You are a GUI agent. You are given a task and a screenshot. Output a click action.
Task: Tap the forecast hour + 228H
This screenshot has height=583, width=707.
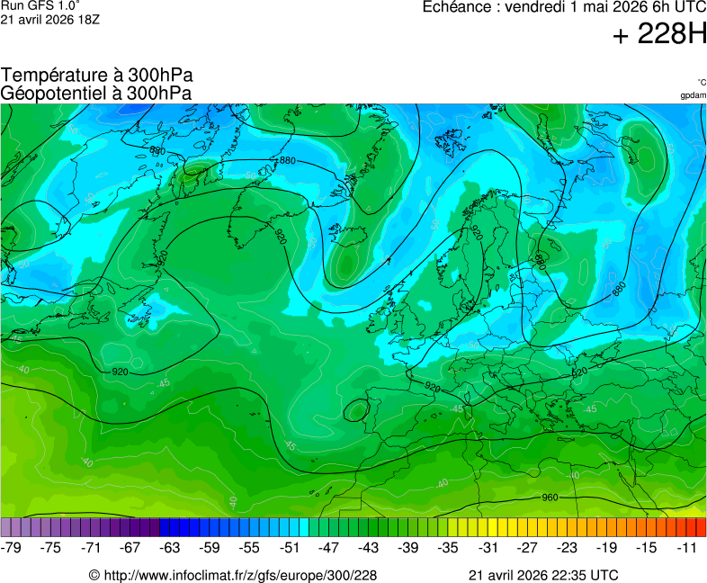(x=659, y=35)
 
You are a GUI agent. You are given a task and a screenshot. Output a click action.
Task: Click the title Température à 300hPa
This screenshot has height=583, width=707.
(x=96, y=76)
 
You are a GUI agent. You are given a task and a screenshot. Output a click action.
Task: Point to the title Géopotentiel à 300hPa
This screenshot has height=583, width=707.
(x=96, y=93)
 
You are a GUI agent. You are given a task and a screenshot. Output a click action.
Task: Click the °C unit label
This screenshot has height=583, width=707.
(x=702, y=83)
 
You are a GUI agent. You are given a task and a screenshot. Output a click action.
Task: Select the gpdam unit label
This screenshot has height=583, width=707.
(x=693, y=95)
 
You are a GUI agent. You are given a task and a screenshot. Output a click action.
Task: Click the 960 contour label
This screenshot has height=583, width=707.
(x=550, y=498)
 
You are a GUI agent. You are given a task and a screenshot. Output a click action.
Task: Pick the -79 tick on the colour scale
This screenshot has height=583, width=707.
(x=12, y=547)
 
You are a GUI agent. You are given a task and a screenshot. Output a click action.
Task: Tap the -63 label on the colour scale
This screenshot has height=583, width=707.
(x=170, y=547)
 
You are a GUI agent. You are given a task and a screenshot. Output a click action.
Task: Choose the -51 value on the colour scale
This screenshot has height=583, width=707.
(x=290, y=547)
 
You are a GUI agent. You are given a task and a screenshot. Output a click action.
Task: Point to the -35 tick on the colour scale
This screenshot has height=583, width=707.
(x=448, y=547)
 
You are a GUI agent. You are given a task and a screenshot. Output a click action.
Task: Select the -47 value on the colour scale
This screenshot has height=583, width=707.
(x=329, y=547)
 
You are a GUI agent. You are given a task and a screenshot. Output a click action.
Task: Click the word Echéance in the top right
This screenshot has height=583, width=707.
(x=458, y=7)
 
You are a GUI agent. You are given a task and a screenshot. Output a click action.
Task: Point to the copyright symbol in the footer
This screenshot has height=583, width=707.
(x=94, y=575)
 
